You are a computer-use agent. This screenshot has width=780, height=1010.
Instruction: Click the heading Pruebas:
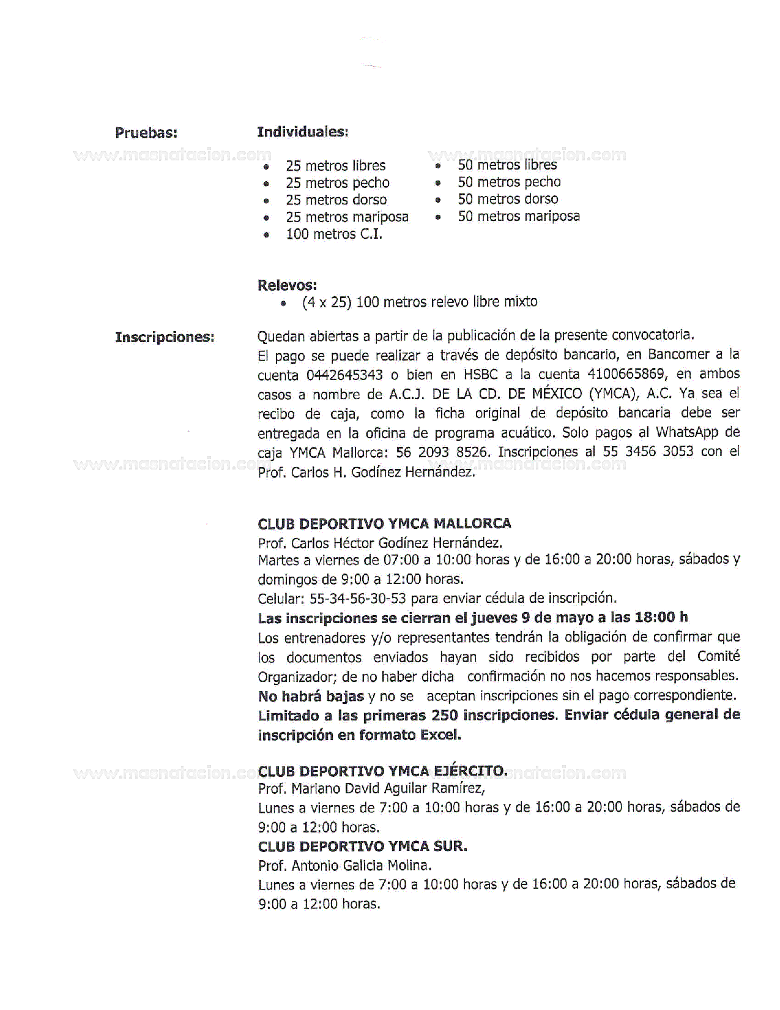coord(146,133)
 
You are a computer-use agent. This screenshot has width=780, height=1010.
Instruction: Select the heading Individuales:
coord(302,132)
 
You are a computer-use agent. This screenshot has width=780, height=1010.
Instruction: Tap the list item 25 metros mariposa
coord(347,217)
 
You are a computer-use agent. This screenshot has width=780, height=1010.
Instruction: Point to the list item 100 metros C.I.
coord(334,234)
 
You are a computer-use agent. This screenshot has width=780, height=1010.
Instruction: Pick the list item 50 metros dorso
coord(508,199)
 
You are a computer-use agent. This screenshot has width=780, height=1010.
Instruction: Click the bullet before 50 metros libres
coord(438,166)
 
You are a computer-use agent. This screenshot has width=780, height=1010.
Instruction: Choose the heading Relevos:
coord(287,285)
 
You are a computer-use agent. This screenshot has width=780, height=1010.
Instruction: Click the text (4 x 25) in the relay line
coord(327,302)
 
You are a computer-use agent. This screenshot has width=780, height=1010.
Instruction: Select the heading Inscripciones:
coord(165,337)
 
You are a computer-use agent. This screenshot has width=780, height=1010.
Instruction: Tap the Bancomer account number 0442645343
coord(345,374)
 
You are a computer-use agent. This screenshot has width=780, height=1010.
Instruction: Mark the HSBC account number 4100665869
coord(625,373)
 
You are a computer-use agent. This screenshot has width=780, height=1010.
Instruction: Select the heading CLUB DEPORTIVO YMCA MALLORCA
coord(384,523)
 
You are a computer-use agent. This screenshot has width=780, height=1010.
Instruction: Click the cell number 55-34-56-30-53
coord(358,598)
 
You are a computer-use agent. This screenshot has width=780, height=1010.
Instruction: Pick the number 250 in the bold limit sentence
coord(445,715)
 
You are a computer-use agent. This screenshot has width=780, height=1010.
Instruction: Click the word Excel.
coord(440,735)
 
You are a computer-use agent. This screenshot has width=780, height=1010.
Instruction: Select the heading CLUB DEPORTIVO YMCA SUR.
coord(362,847)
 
